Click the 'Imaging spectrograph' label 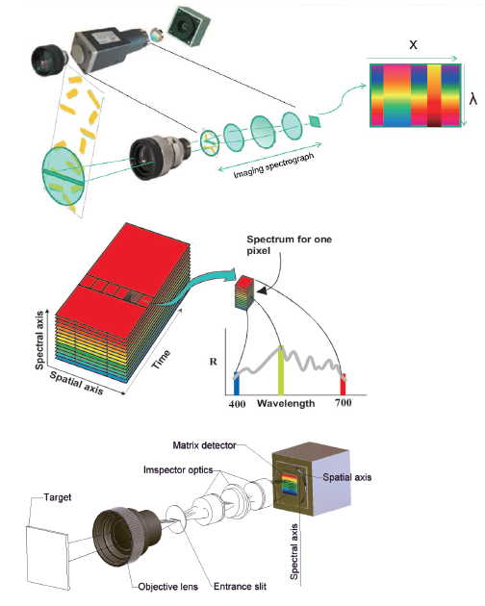[x=274, y=165]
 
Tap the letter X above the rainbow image [x=414, y=45]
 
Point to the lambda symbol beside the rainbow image [x=473, y=99]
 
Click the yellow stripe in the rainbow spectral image [x=434, y=95]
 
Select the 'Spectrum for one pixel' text [x=290, y=245]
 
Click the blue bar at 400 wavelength [x=237, y=384]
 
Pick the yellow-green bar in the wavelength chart [x=281, y=370]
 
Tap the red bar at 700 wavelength [x=343, y=384]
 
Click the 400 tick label [x=237, y=404]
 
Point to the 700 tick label [x=344, y=403]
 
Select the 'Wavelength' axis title [x=286, y=404]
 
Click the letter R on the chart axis [x=213, y=362]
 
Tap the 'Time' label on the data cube [x=161, y=359]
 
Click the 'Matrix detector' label [x=204, y=445]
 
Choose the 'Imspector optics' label [x=178, y=470]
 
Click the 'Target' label [x=58, y=497]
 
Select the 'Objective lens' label [x=167, y=587]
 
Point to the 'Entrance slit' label [x=240, y=587]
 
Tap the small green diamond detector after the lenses [x=316, y=120]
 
